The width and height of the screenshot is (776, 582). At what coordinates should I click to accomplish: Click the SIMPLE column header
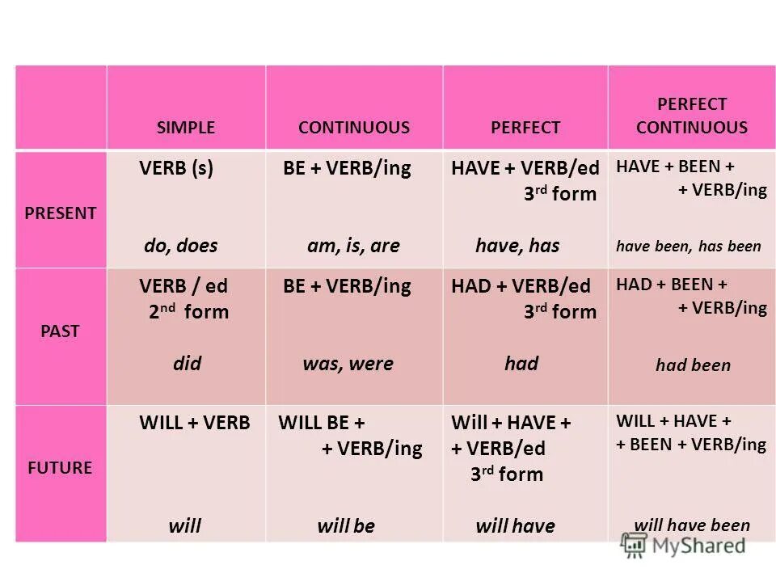click(186, 127)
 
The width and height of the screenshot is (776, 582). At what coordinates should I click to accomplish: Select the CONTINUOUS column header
click(354, 127)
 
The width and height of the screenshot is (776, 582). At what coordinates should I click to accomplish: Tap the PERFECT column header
click(525, 127)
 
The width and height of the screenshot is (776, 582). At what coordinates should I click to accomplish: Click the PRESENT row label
click(61, 213)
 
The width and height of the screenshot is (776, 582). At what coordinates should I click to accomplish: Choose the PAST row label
click(61, 331)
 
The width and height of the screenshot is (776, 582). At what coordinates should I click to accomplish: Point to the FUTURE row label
click(61, 467)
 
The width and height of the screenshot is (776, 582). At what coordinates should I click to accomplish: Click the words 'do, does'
click(181, 246)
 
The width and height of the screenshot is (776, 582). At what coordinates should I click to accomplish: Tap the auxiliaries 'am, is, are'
click(353, 246)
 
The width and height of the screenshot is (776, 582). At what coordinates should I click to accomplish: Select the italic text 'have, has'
click(517, 246)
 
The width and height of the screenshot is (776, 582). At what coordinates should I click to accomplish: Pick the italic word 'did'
click(187, 363)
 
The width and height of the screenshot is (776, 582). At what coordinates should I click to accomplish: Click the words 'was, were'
click(348, 364)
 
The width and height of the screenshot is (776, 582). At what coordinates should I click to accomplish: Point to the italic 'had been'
click(693, 365)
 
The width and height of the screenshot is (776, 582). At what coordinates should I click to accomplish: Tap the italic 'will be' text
click(346, 526)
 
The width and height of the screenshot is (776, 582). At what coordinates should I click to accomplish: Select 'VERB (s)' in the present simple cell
click(176, 169)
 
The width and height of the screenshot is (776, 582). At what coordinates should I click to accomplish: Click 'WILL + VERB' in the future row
click(195, 423)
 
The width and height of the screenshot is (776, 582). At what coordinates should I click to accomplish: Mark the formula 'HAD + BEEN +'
click(672, 285)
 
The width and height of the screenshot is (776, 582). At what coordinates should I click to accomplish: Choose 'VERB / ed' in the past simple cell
click(183, 286)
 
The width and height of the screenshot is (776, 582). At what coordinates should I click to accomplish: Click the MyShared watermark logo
click(683, 545)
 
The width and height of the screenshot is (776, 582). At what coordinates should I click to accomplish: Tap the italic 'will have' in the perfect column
click(515, 526)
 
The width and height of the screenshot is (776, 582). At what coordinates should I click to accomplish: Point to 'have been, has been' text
click(689, 247)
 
